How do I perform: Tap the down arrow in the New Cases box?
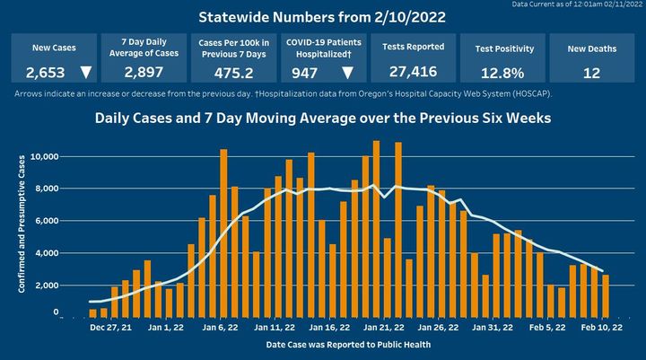(x=85, y=73)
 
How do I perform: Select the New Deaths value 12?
(x=591, y=74)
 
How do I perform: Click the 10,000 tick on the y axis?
(x=45, y=156)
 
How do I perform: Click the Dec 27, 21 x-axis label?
(x=109, y=328)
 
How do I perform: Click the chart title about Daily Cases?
(x=322, y=118)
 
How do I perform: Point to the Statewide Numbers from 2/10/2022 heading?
(x=322, y=17)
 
